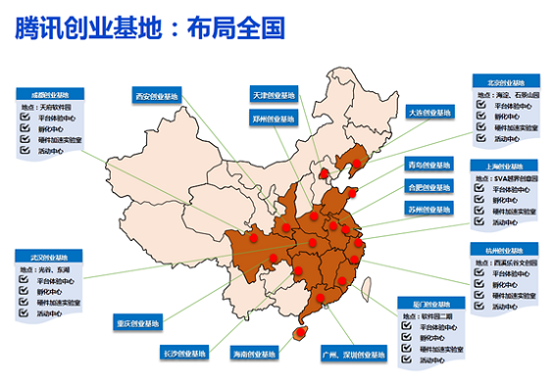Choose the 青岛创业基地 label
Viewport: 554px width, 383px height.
point(429,165)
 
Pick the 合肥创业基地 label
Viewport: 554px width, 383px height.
point(429,186)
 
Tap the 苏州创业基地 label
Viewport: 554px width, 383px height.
point(429,209)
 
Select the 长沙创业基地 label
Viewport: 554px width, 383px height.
point(183,352)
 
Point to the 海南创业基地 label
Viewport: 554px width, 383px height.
point(253,352)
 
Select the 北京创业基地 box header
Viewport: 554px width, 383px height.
point(503,83)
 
